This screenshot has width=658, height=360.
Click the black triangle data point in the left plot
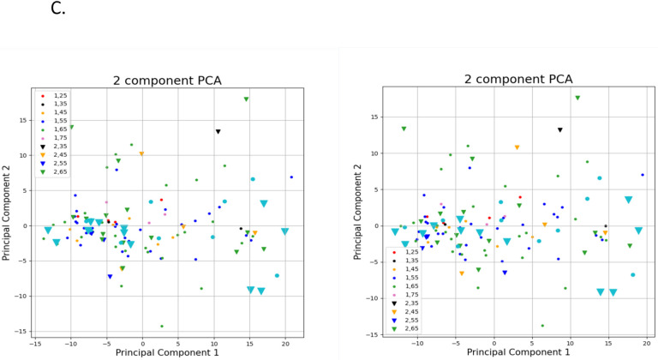coord(218,131)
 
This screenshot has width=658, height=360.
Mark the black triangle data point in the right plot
coord(560,130)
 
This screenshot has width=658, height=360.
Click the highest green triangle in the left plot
coord(246,99)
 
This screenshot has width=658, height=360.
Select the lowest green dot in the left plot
coord(161,326)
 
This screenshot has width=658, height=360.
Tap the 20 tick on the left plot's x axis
coord(284,343)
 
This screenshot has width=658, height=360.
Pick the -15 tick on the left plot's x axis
coord(37,343)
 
